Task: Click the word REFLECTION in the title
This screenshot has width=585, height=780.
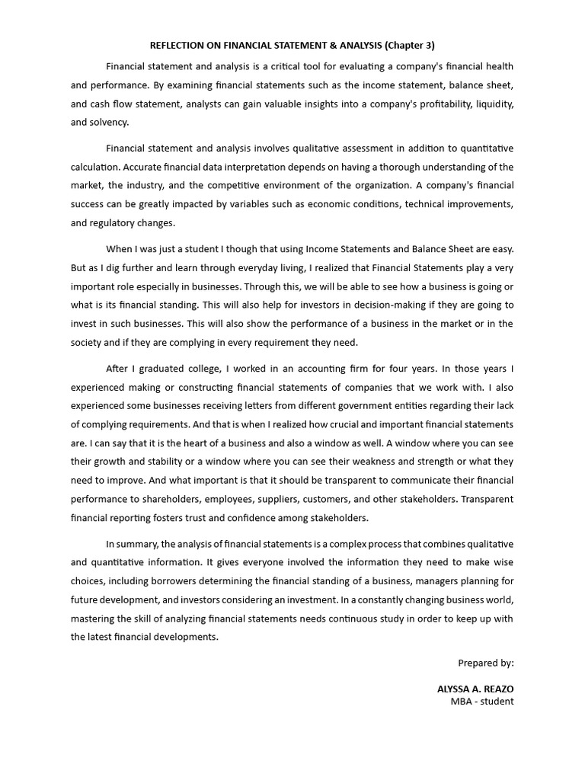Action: [178, 45]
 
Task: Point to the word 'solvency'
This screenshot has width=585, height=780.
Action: [108, 122]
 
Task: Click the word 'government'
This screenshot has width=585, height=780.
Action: [383, 405]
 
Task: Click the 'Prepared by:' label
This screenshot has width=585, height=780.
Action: [485, 663]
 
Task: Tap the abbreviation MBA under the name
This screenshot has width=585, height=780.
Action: [462, 701]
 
